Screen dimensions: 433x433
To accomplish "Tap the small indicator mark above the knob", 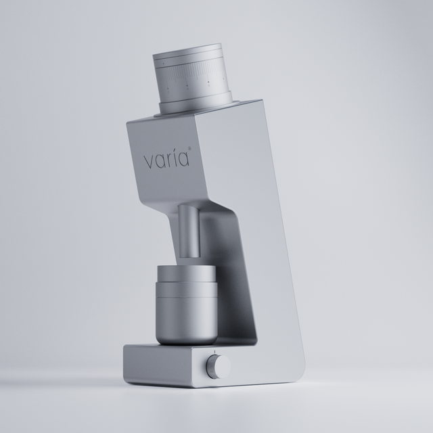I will tap(215, 352).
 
